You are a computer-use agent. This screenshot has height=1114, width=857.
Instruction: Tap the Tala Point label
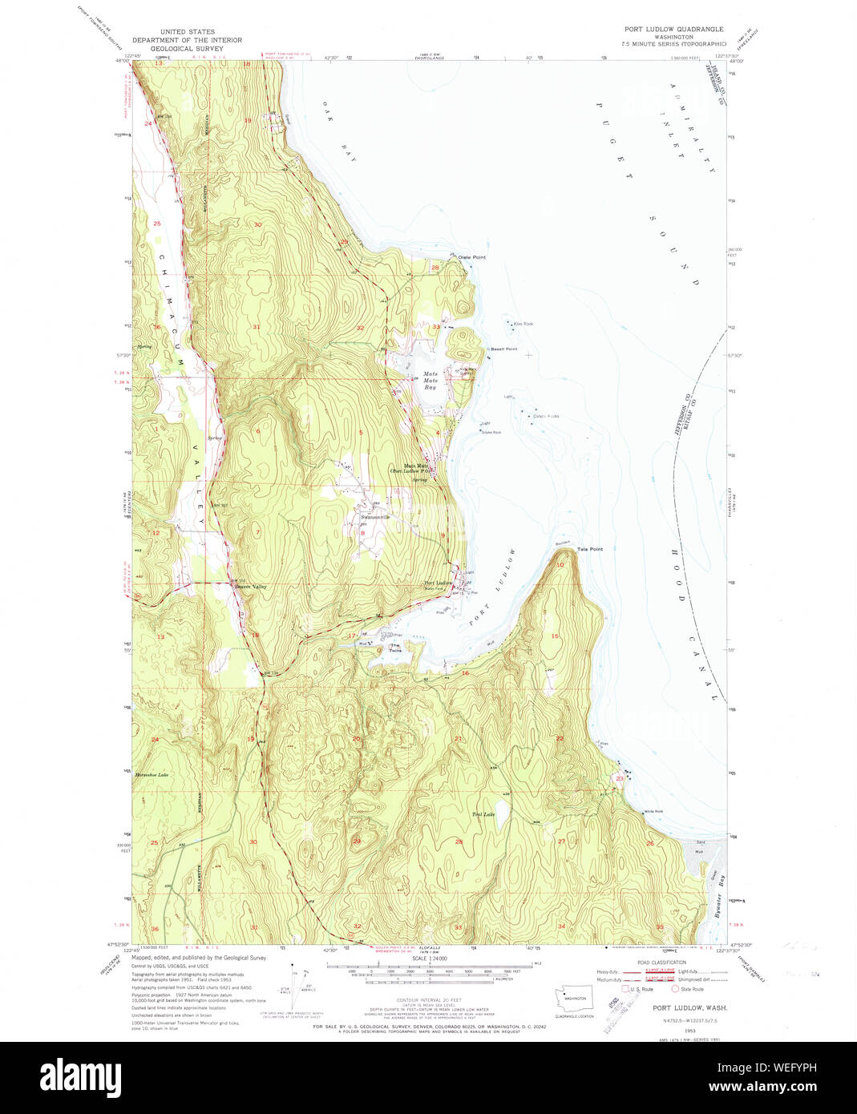click(x=589, y=549)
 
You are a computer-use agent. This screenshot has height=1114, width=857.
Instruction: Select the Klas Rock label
click(x=523, y=324)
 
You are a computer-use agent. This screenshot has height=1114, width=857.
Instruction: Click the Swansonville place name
click(x=374, y=518)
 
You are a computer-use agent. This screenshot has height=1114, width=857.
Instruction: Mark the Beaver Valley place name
click(x=250, y=587)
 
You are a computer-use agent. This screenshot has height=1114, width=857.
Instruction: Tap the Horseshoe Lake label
click(x=152, y=775)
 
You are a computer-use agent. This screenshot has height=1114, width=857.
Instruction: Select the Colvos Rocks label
click(x=546, y=416)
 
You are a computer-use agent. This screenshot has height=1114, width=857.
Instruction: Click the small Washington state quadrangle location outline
click(x=573, y=999)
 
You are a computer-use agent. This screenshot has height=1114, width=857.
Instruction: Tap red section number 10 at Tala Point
click(x=560, y=565)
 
